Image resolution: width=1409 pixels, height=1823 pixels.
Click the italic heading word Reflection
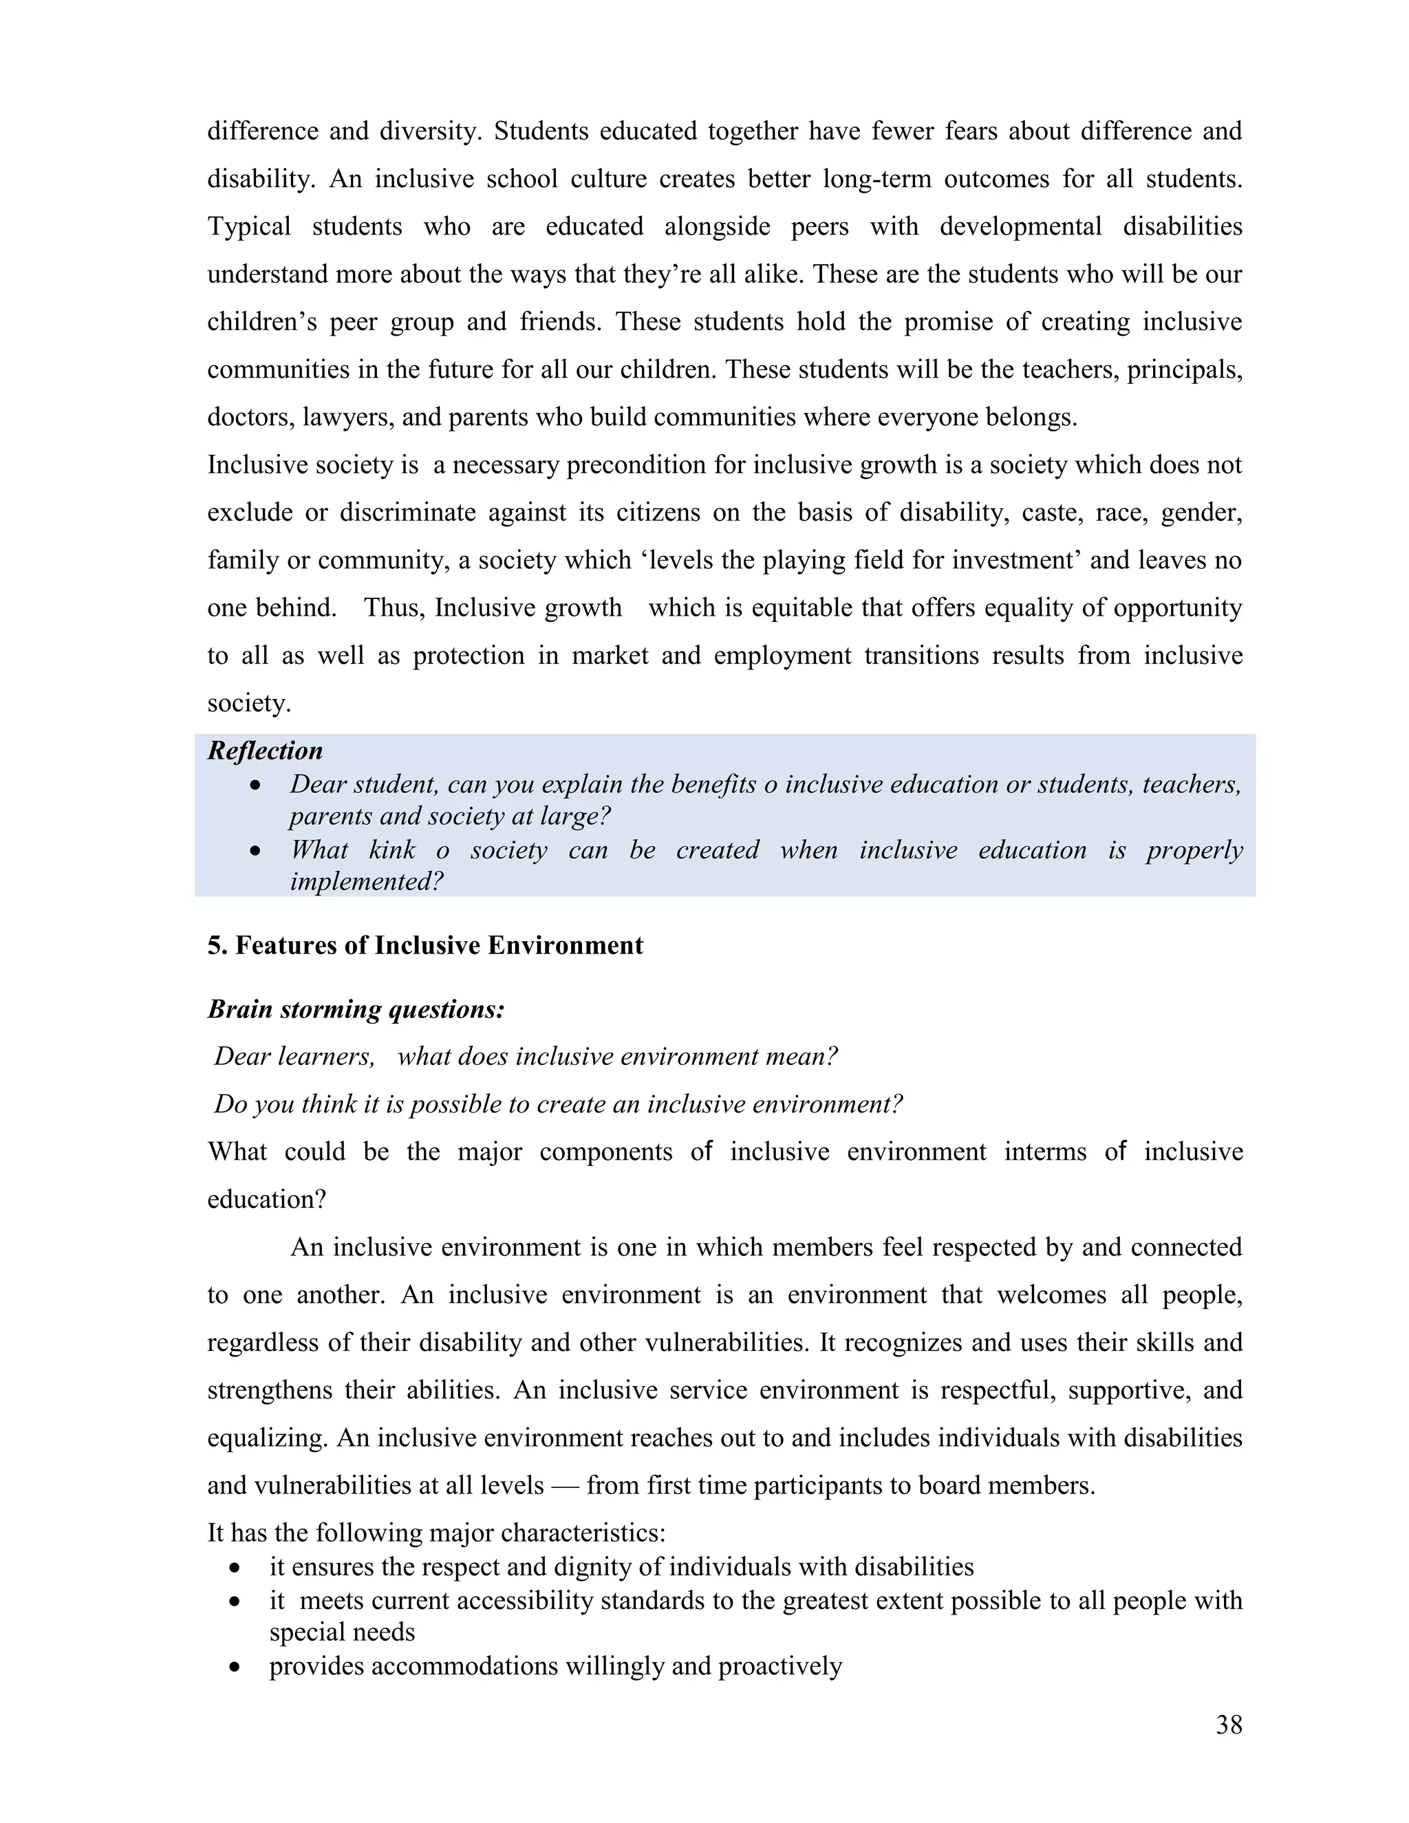(x=265, y=751)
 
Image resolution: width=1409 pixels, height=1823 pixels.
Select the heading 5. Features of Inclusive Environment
(x=425, y=945)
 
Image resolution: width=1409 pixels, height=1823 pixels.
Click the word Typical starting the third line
(x=249, y=226)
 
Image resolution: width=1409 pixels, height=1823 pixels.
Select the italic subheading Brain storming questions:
(x=356, y=1009)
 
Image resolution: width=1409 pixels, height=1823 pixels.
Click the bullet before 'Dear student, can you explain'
(x=255, y=786)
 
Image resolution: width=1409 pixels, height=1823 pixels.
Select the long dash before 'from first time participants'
(x=564, y=1486)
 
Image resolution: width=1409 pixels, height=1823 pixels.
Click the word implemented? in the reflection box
(x=367, y=881)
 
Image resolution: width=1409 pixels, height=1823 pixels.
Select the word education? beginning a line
(x=266, y=1200)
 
